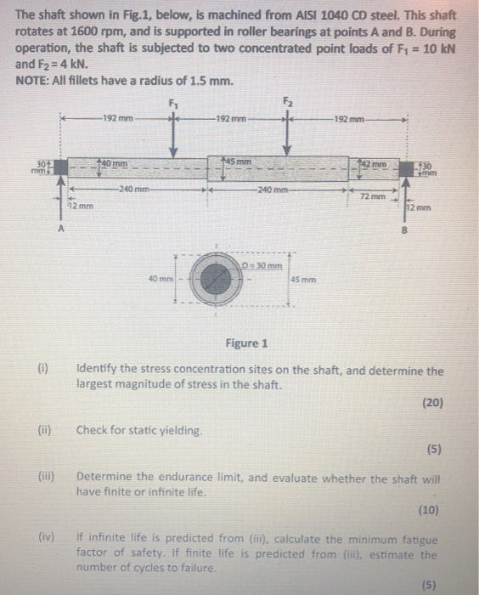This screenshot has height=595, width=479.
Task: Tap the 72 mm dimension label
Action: [370, 196]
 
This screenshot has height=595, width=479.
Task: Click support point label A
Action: [60, 228]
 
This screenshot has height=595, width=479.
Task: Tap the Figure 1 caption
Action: [246, 343]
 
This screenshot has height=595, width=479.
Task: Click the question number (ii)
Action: [44, 430]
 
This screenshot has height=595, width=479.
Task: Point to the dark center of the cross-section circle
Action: [207, 279]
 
